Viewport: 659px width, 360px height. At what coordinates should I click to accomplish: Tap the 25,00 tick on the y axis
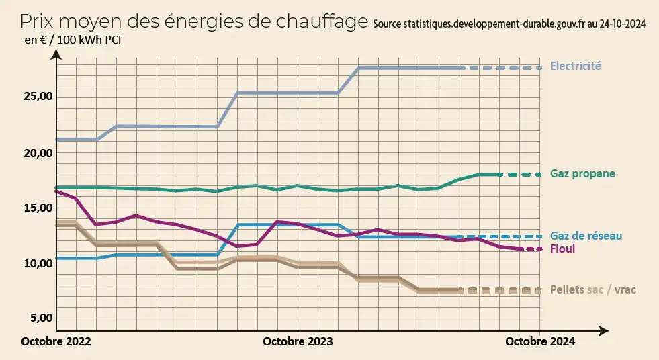[x=38, y=97]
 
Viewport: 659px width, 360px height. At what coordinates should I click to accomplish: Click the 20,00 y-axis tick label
[x=38, y=153]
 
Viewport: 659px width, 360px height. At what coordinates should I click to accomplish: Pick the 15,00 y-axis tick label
[x=38, y=208]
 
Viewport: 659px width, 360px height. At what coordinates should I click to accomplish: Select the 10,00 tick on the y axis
[x=38, y=263]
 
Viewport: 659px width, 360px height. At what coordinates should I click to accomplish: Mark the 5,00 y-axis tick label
[x=41, y=318]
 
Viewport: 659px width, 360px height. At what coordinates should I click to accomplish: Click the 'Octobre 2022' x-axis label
[x=56, y=341]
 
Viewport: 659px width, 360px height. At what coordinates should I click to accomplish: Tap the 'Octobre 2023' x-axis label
[x=298, y=341]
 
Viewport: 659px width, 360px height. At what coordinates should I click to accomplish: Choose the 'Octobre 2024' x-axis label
[x=539, y=341]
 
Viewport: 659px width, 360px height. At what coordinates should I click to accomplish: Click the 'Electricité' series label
[x=575, y=66]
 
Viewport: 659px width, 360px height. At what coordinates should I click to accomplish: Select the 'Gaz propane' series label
[x=582, y=174]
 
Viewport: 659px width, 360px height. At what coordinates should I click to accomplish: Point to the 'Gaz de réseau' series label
[x=586, y=236]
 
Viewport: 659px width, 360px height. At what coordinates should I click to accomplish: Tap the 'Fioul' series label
[x=562, y=249]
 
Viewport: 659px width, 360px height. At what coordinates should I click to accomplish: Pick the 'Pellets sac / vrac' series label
[x=592, y=289]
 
